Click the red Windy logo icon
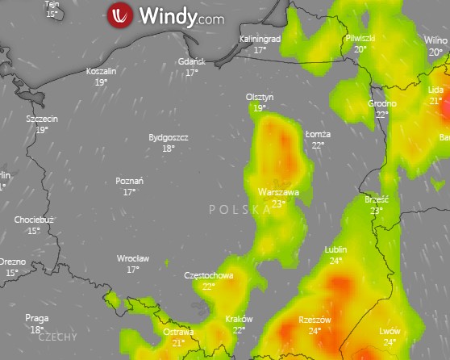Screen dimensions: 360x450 (119, 15)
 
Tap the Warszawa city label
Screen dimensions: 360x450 (278, 192)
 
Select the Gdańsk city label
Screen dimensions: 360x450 (192, 61)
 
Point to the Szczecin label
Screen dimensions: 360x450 (42, 119)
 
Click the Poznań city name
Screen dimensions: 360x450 (130, 181)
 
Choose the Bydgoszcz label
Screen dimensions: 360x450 (169, 137)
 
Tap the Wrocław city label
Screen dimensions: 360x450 (133, 258)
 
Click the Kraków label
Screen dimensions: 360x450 (239, 319)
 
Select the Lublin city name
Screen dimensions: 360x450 (335, 249)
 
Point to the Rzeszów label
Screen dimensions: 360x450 (315, 320)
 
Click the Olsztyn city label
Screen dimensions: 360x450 (260, 97)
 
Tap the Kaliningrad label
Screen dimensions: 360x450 (260, 39)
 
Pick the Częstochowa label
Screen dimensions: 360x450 (209, 275)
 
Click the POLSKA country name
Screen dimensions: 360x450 (240, 210)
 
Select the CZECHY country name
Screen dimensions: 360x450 (57, 337)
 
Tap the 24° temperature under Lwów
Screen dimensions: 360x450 (390, 342)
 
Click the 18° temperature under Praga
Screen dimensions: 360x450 (37, 329)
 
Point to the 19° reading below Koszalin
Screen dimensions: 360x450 (102, 82)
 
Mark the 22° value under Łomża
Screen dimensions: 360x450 (319, 145)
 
